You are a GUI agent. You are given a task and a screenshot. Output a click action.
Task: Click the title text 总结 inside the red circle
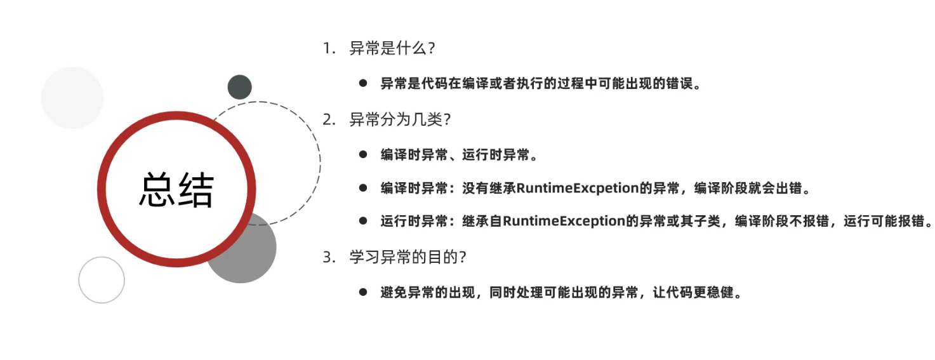(x=176, y=189)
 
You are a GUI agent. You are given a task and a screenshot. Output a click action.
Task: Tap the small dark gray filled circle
(x=240, y=87)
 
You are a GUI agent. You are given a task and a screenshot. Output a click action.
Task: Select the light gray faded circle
(x=72, y=98)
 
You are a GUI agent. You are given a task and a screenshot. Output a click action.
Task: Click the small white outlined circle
(x=102, y=280)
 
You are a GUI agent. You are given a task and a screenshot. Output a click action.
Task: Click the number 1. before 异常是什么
(x=328, y=48)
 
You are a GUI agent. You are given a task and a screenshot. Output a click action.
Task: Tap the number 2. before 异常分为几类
(x=328, y=119)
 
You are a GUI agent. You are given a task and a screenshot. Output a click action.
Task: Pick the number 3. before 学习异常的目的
(x=328, y=257)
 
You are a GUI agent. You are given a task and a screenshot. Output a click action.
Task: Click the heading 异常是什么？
(x=392, y=48)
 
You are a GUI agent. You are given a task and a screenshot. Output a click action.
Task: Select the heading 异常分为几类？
(x=399, y=119)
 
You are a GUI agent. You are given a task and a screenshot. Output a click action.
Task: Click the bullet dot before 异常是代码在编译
(x=363, y=83)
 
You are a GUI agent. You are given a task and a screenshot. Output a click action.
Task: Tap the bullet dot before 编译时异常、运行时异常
(x=363, y=154)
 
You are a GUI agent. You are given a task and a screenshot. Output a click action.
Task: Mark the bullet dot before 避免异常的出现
(x=363, y=292)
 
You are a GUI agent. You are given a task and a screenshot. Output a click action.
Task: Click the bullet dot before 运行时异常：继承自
(x=363, y=221)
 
